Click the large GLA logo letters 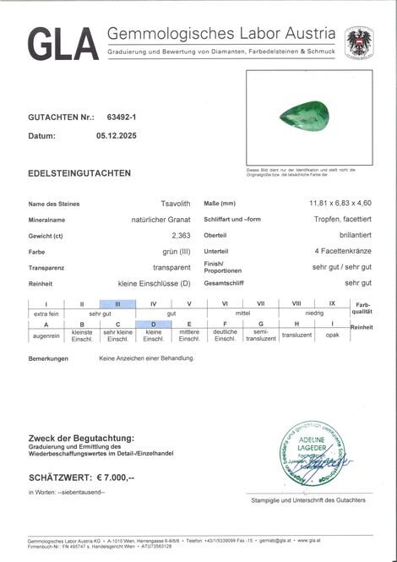coord(63,44)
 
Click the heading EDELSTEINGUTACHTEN coord(79,173)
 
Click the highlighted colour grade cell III coord(117,303)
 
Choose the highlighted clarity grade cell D coord(153,325)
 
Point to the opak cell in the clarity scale coord(332,336)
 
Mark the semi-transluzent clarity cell coord(260,336)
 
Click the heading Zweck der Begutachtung coord(81,438)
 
